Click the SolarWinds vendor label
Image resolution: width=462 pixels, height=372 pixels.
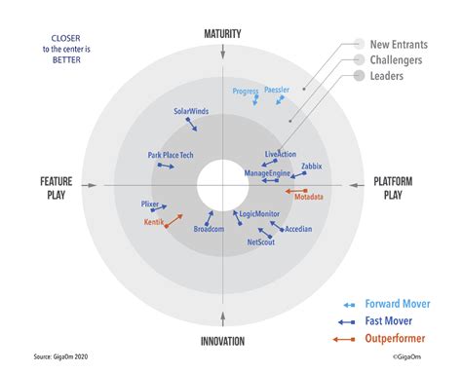[x=192, y=112]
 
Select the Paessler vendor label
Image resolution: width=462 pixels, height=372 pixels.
[x=277, y=91]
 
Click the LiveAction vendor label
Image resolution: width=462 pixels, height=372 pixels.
[x=281, y=154]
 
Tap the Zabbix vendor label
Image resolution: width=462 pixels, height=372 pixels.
[x=311, y=167]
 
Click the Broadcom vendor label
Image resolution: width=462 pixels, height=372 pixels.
[x=209, y=229]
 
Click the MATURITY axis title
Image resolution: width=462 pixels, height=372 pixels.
[x=222, y=34]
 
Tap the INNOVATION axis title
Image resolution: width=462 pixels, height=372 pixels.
[x=222, y=340]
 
